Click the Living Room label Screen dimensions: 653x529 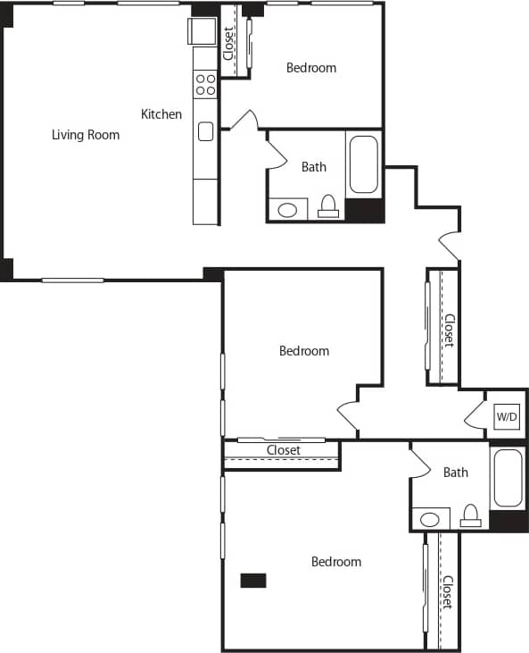85,135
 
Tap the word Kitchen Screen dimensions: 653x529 161,114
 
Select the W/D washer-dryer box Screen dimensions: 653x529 507,416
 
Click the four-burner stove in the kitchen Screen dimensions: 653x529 205,84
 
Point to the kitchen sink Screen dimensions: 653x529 205,131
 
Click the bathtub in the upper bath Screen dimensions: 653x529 364,163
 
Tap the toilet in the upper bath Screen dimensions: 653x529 328,207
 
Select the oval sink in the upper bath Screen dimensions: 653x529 287,211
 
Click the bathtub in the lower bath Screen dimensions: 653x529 508,477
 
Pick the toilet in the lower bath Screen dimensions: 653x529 470,515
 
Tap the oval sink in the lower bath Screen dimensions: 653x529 430,519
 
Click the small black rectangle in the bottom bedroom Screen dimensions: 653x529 253,580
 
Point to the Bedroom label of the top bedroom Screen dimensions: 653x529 311,68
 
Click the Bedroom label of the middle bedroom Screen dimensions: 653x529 304,351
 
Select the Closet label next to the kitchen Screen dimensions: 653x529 229,42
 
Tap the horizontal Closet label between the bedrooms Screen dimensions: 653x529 283,450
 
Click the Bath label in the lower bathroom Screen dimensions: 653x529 456,472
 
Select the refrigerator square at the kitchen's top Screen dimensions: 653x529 200,32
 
